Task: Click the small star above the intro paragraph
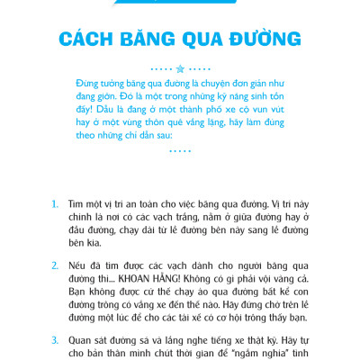click(x=180, y=67)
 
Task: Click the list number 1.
click(x=56, y=205)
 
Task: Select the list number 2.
click(x=56, y=267)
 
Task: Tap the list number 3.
click(x=56, y=341)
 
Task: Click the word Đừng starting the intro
click(x=91, y=80)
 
